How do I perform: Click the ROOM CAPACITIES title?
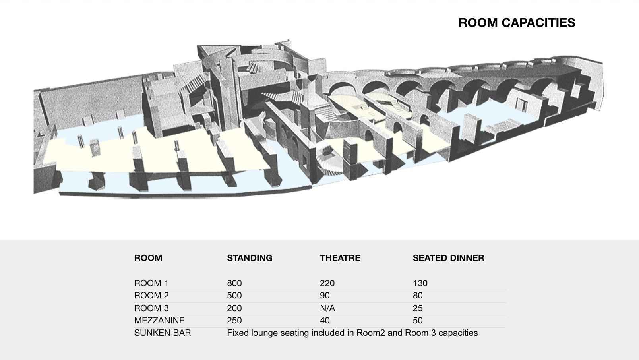[517, 23]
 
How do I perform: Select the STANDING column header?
[250, 258]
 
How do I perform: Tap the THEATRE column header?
[340, 258]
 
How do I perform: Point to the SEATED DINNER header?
[448, 258]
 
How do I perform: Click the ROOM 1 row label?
[151, 283]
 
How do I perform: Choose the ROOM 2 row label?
[151, 296]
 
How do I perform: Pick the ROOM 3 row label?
[151, 308]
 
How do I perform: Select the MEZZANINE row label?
[159, 321]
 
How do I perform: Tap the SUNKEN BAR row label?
[162, 333]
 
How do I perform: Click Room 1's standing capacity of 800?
[234, 283]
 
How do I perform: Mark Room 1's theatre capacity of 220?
[327, 283]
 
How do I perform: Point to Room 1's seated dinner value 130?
[420, 283]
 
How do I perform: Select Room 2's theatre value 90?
[325, 296]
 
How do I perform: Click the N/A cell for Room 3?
[327, 308]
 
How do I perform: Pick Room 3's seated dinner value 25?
[418, 308]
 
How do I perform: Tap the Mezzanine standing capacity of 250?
[234, 321]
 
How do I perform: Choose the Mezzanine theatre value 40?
[325, 321]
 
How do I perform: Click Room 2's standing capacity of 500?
[234, 296]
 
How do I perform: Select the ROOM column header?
[148, 258]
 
